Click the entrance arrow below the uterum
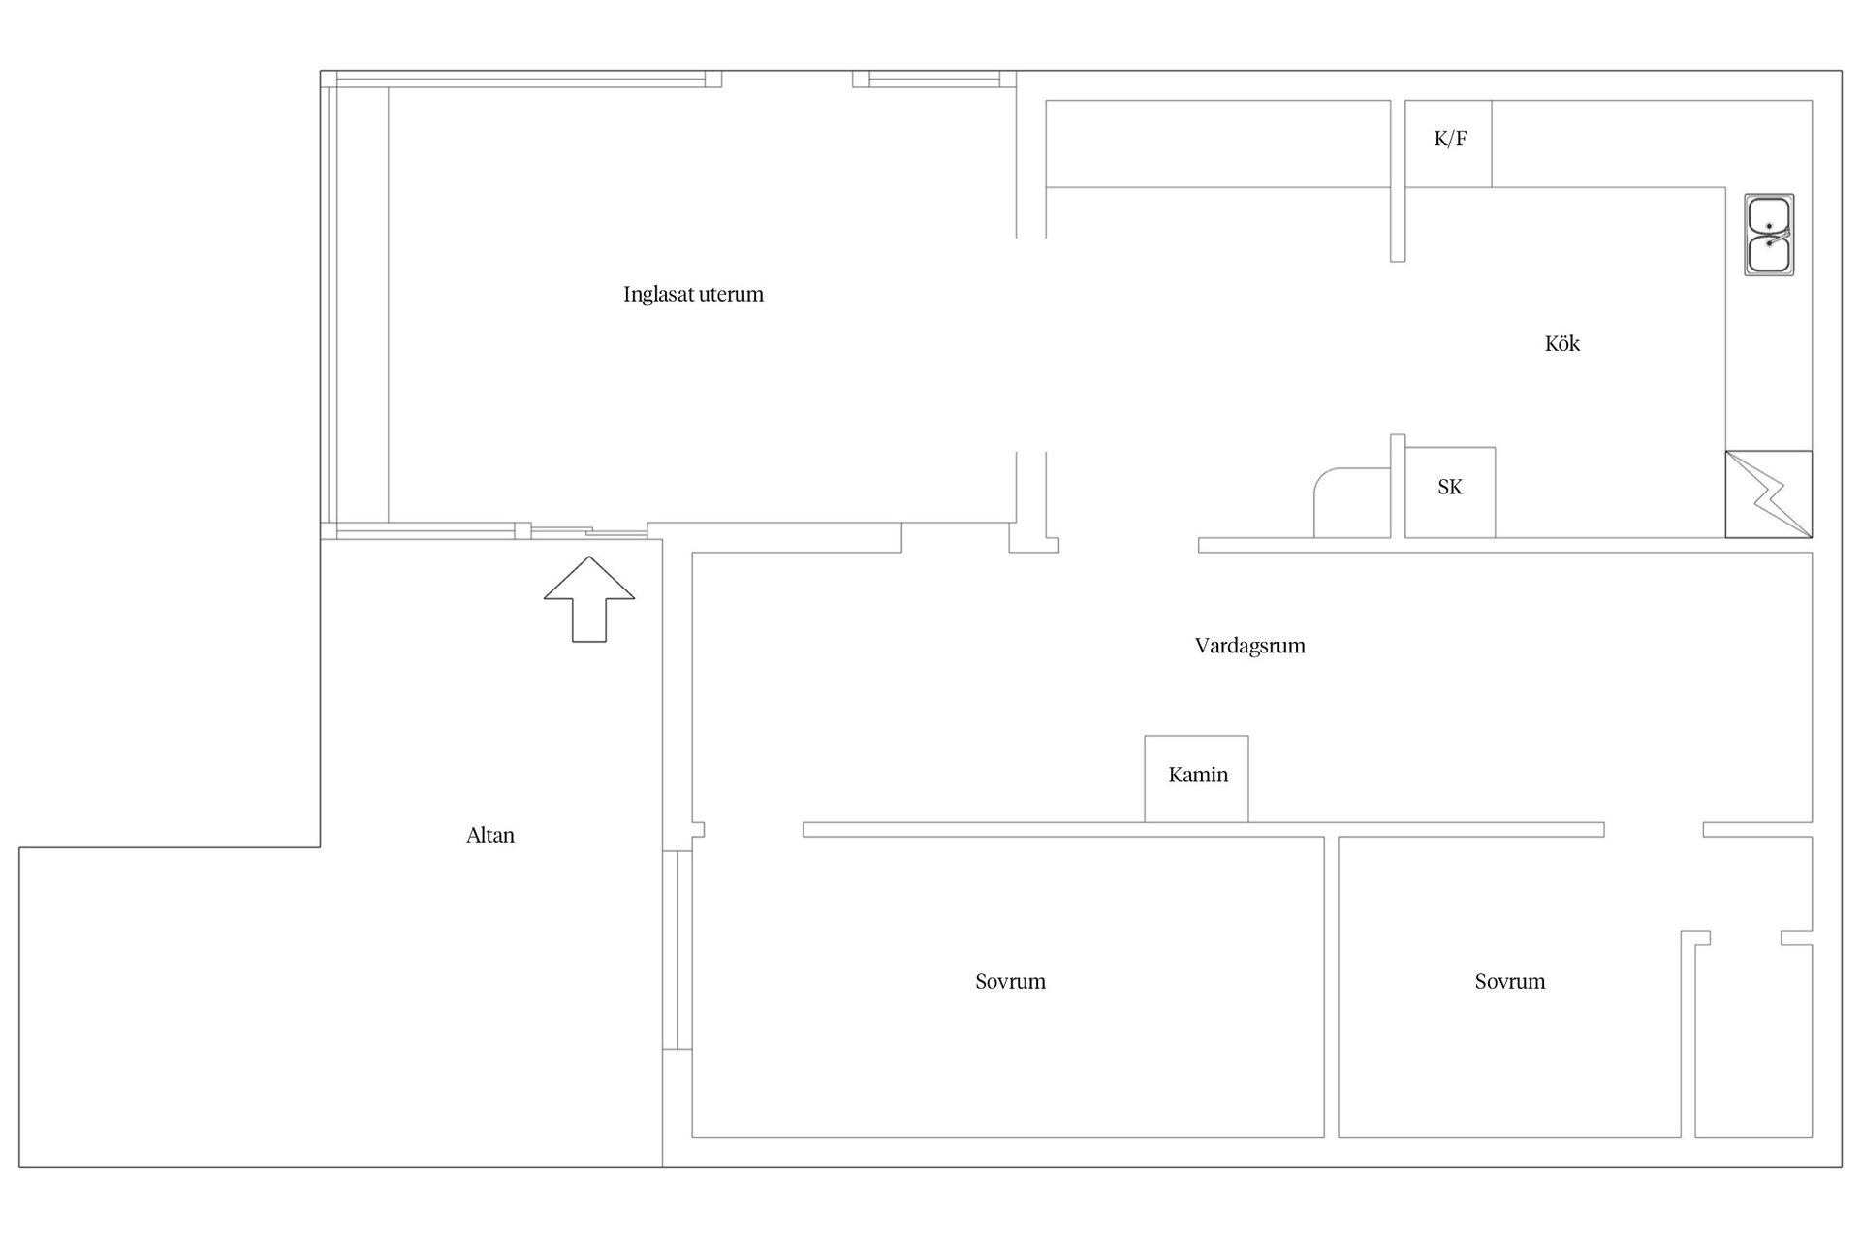(x=589, y=599)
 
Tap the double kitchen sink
(x=1769, y=235)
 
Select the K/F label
(x=1450, y=139)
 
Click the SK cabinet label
(x=1450, y=487)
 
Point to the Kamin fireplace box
(x=1196, y=779)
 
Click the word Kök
(x=1561, y=343)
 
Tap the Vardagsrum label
(x=1249, y=646)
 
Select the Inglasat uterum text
(x=693, y=294)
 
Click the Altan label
(x=490, y=835)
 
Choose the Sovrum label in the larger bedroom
(x=1010, y=981)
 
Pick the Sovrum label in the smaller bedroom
(x=1509, y=981)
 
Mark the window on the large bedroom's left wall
(x=678, y=950)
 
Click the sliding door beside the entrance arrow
(x=589, y=531)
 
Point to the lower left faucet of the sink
(x=1770, y=242)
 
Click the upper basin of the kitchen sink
(x=1769, y=215)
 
